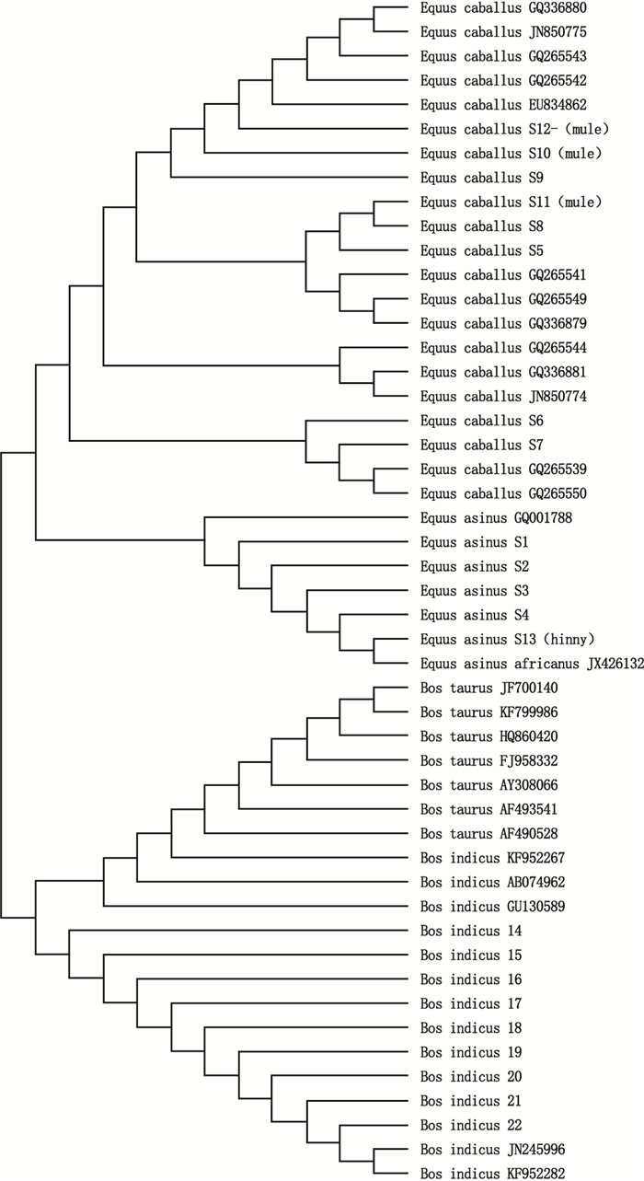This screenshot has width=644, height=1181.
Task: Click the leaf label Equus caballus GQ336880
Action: tap(503, 8)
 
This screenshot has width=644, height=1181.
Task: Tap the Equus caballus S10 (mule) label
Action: tap(512, 154)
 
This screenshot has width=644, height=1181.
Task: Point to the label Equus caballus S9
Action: tap(482, 178)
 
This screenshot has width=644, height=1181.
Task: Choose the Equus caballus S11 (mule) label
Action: tap(512, 202)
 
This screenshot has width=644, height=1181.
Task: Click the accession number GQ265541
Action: tap(558, 275)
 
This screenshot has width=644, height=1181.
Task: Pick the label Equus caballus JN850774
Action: tap(503, 397)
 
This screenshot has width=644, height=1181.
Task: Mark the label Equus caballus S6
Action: tap(482, 421)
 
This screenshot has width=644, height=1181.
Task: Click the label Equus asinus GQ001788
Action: tap(497, 518)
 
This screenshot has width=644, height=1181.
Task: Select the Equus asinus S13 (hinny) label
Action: tap(508, 640)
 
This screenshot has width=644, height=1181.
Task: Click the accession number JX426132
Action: tap(615, 664)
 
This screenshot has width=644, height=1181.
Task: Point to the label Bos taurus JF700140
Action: tap(489, 688)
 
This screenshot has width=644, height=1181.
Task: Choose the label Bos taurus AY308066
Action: tap(489, 785)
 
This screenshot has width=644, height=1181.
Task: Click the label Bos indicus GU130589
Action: tap(493, 907)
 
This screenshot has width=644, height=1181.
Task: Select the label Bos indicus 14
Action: tap(471, 931)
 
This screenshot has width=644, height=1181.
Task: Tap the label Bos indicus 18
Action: tap(471, 1027)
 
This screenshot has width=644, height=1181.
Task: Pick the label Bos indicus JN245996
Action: tap(493, 1149)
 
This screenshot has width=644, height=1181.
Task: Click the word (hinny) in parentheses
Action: tap(566, 640)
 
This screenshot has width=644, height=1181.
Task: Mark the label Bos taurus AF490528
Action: tap(489, 834)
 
